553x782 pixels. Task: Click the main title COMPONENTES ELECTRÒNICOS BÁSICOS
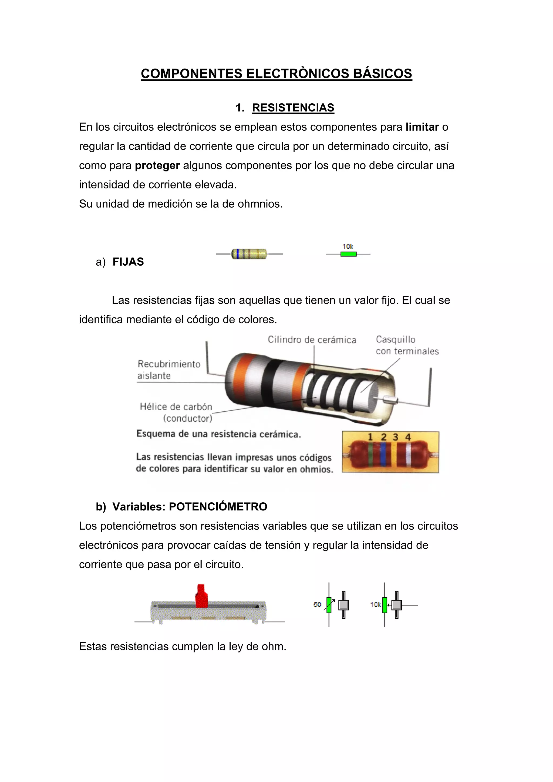tap(276, 74)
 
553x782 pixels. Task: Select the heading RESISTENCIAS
tap(293, 108)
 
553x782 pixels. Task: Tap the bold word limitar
tap(422, 127)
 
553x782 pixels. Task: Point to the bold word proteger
tap(157, 165)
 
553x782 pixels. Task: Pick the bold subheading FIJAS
tap(128, 262)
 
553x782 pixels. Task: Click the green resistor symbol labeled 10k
tap(348, 254)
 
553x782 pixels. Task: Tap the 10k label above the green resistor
tap(348, 246)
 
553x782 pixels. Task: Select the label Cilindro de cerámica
tap(312, 340)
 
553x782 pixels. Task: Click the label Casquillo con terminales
tap(407, 345)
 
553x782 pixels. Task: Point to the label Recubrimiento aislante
tap(169, 370)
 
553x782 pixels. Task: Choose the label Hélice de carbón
tap(176, 407)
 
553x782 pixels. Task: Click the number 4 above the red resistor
tap(408, 437)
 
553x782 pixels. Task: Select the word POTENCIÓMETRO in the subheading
tap(218, 507)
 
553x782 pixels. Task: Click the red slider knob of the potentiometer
tap(201, 596)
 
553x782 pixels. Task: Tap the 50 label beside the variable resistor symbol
tap(317, 605)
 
